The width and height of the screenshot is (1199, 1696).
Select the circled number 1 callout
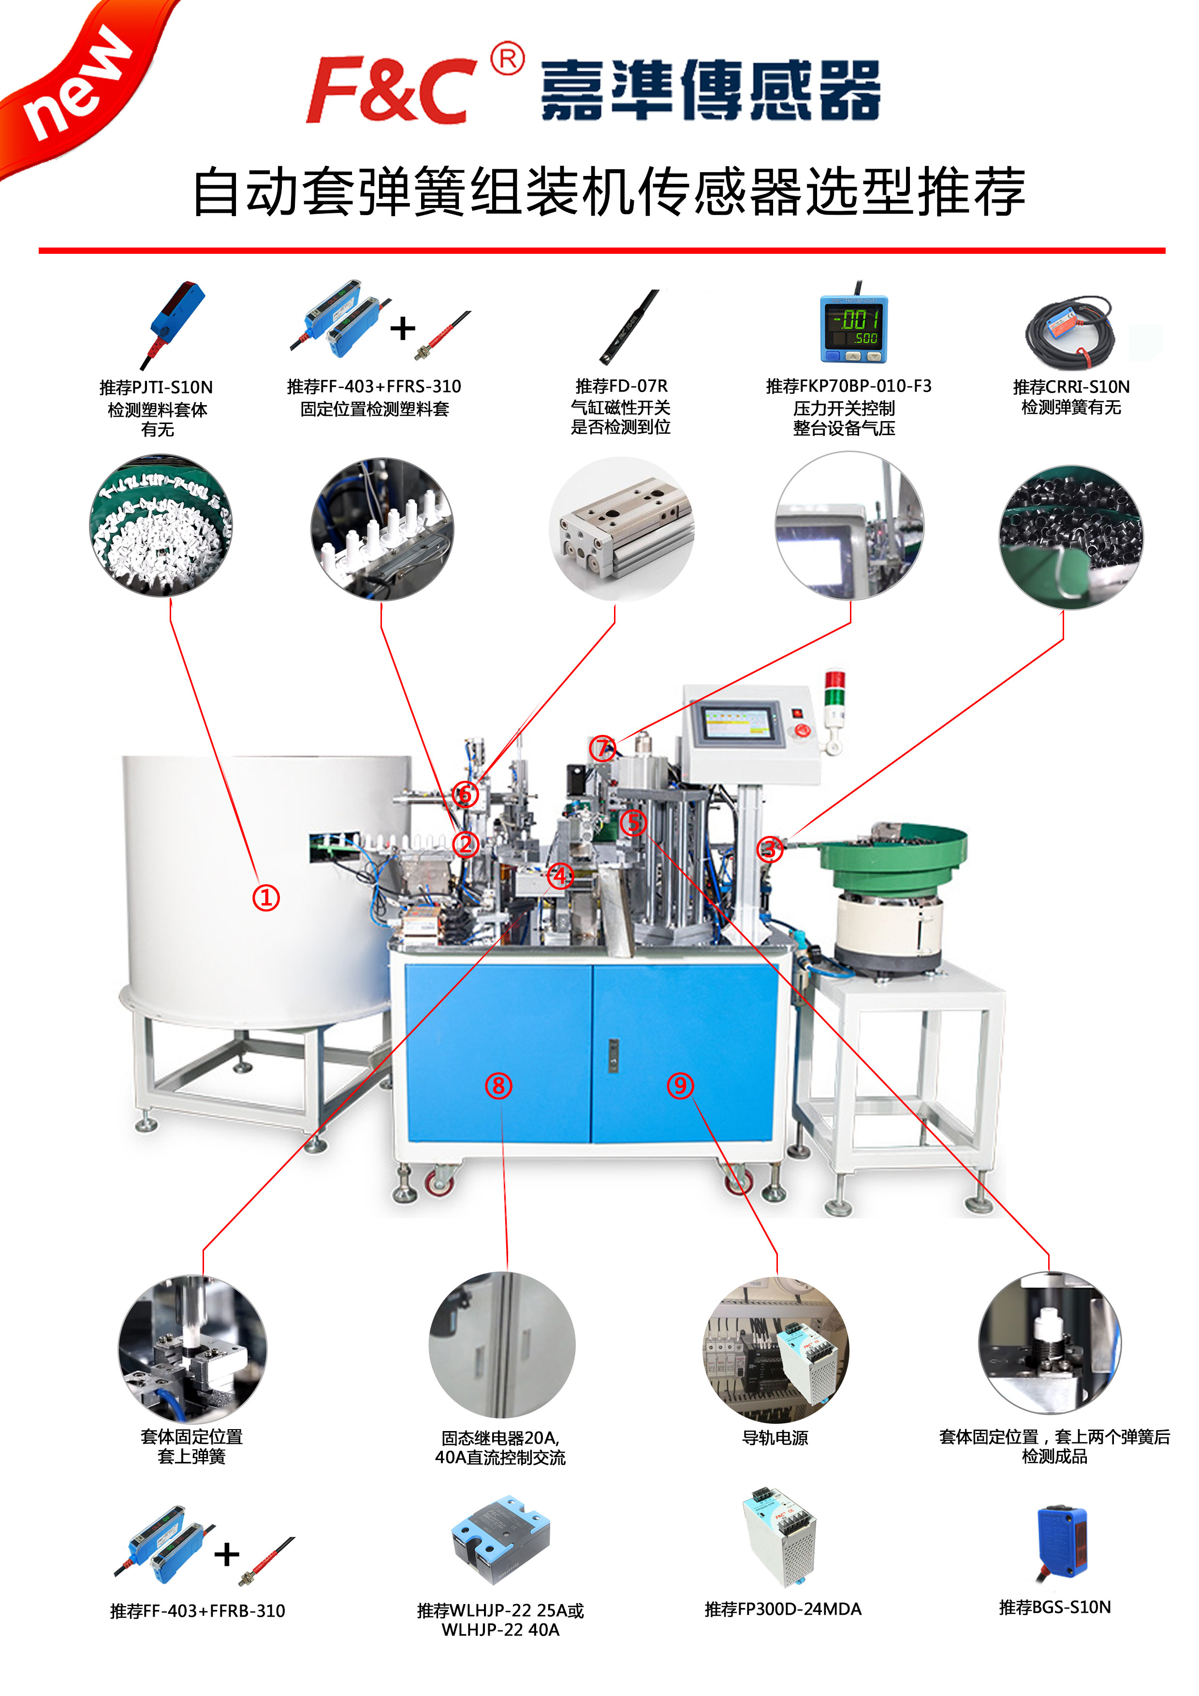[266, 898]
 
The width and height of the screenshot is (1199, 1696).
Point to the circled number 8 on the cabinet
[498, 1086]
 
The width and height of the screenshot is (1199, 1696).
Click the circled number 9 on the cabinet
[680, 1086]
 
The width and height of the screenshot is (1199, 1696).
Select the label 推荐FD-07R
[621, 386]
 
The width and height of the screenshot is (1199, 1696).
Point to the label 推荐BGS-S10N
[1054, 1608]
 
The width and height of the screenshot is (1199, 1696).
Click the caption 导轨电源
[775, 1437]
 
